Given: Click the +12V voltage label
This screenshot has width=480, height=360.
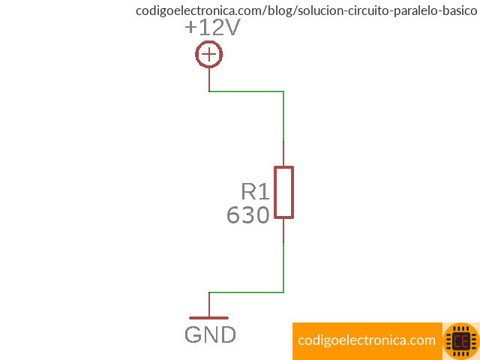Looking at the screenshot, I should point(212,28).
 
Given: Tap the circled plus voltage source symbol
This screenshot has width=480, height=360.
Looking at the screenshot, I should point(209,54).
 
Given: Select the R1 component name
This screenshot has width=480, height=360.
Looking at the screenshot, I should point(255,192).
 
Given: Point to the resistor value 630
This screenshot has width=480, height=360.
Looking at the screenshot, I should point(248,216).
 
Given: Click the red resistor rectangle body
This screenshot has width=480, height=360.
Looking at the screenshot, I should point(283,193).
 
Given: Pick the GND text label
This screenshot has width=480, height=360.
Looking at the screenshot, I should point(210,335).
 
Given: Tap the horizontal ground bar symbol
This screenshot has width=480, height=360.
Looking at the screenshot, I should point(209,318).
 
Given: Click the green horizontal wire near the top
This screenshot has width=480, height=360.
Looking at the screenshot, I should point(246,91).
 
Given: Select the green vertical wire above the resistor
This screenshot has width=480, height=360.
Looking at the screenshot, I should point(283,116).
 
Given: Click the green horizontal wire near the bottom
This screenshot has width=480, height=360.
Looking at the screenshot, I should point(246,292).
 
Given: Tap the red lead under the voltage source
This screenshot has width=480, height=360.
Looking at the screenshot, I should point(209,79).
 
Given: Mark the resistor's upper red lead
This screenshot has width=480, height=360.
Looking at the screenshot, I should point(283,154).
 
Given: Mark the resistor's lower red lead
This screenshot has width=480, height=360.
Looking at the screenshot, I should point(283,230).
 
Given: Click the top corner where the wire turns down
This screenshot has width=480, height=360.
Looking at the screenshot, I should point(283,91).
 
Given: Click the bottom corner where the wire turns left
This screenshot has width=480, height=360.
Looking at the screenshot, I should point(283,292).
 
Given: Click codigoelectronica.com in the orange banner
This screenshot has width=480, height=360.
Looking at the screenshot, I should point(367,340).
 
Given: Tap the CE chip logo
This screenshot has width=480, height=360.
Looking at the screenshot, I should point(460,341).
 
